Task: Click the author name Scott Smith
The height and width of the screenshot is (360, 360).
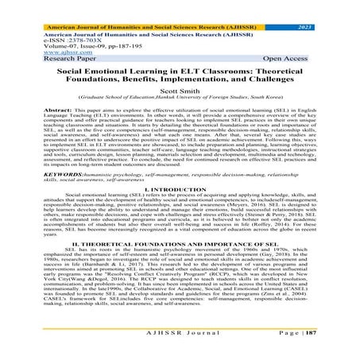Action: [180, 93]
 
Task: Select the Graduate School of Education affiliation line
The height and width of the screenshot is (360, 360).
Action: [180, 101]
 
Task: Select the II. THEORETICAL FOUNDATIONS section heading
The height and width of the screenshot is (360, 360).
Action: [180, 265]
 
